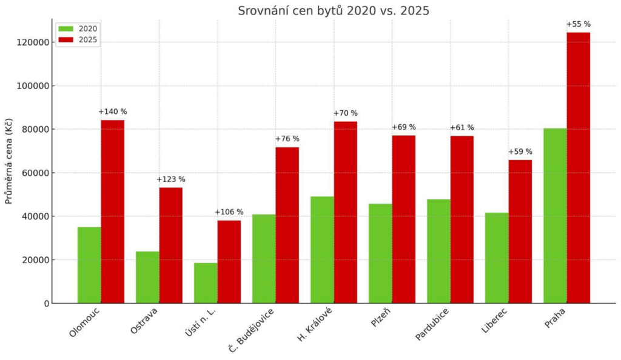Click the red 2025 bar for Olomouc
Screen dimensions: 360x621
point(113,212)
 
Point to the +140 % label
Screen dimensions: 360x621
point(113,112)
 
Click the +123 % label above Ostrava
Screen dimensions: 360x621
point(171,179)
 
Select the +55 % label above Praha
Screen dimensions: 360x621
point(578,24)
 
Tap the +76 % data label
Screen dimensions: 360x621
point(287,139)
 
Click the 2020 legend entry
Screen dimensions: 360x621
point(78,28)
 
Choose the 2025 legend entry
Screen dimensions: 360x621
point(78,40)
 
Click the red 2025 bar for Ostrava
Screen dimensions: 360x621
point(171,245)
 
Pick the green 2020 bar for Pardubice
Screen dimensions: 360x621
point(438,251)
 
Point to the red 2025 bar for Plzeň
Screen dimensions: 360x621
point(403,219)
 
